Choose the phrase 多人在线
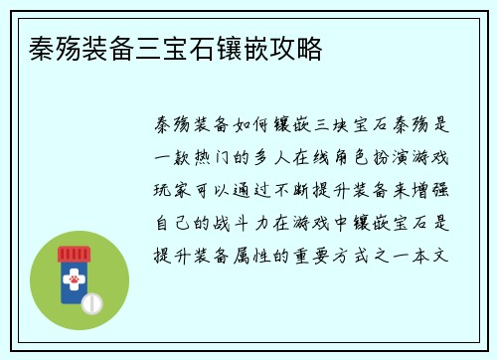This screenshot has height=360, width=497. (293, 158)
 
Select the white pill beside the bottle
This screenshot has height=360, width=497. (91, 301)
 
